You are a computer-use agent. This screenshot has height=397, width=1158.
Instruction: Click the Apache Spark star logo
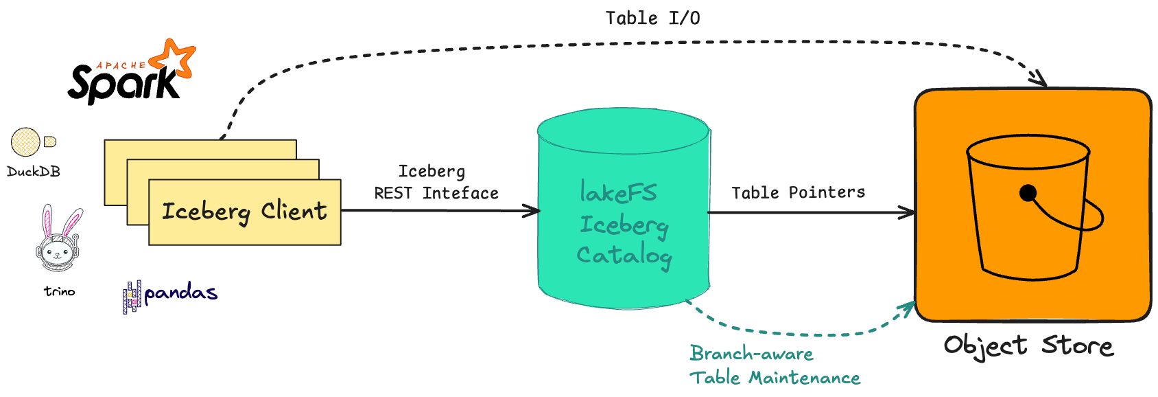point(175,58)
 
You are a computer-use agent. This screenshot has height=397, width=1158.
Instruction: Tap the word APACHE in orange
point(121,66)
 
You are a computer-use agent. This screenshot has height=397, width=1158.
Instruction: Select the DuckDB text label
point(34,172)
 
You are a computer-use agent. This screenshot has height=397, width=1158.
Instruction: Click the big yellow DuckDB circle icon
point(25,142)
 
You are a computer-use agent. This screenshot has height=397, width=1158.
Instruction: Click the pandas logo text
point(180,294)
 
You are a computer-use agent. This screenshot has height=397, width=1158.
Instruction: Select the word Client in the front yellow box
point(294,211)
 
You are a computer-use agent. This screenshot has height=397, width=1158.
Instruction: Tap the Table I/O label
point(652,19)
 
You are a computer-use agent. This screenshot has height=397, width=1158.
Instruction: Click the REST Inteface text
point(436,194)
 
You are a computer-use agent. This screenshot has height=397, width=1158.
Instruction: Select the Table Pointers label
point(798,193)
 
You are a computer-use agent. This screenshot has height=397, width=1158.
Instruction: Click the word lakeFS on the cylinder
point(618,193)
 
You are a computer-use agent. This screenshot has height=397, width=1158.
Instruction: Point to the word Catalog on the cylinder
point(624,256)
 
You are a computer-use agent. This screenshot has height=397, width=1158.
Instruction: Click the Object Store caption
point(1028,345)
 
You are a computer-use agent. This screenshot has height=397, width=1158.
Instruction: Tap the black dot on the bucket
point(1028,194)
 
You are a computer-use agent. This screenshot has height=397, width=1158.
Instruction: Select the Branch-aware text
point(751,354)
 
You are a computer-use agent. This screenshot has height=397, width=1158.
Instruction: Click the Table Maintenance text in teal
point(775,378)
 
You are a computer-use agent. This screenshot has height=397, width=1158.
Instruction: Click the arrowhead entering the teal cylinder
point(532,211)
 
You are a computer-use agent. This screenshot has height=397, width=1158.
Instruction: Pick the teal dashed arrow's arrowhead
point(908,308)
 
